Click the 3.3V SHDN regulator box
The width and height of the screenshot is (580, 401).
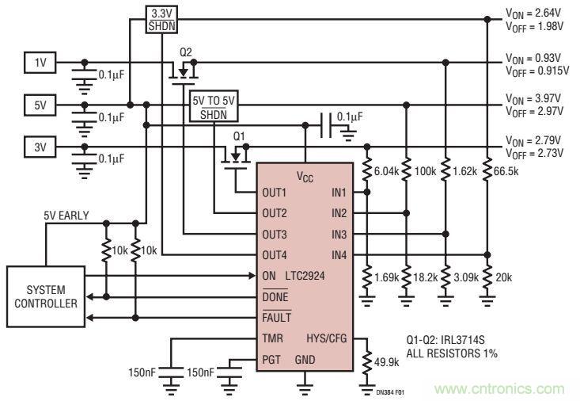click(161, 19)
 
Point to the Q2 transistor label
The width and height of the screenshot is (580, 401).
click(186, 52)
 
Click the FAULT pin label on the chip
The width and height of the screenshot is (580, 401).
click(277, 317)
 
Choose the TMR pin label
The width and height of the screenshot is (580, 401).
click(274, 338)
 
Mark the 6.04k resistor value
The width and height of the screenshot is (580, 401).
click(387, 171)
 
